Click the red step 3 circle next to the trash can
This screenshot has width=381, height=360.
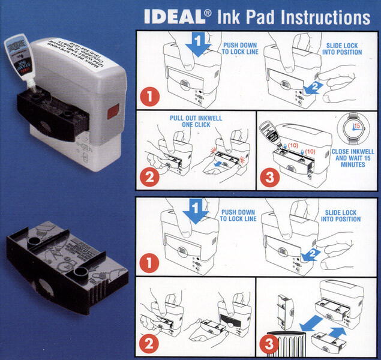coord(268,345)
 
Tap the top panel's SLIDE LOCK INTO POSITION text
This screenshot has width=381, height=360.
coord(344,49)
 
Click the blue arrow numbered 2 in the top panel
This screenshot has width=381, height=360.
coord(313,87)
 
